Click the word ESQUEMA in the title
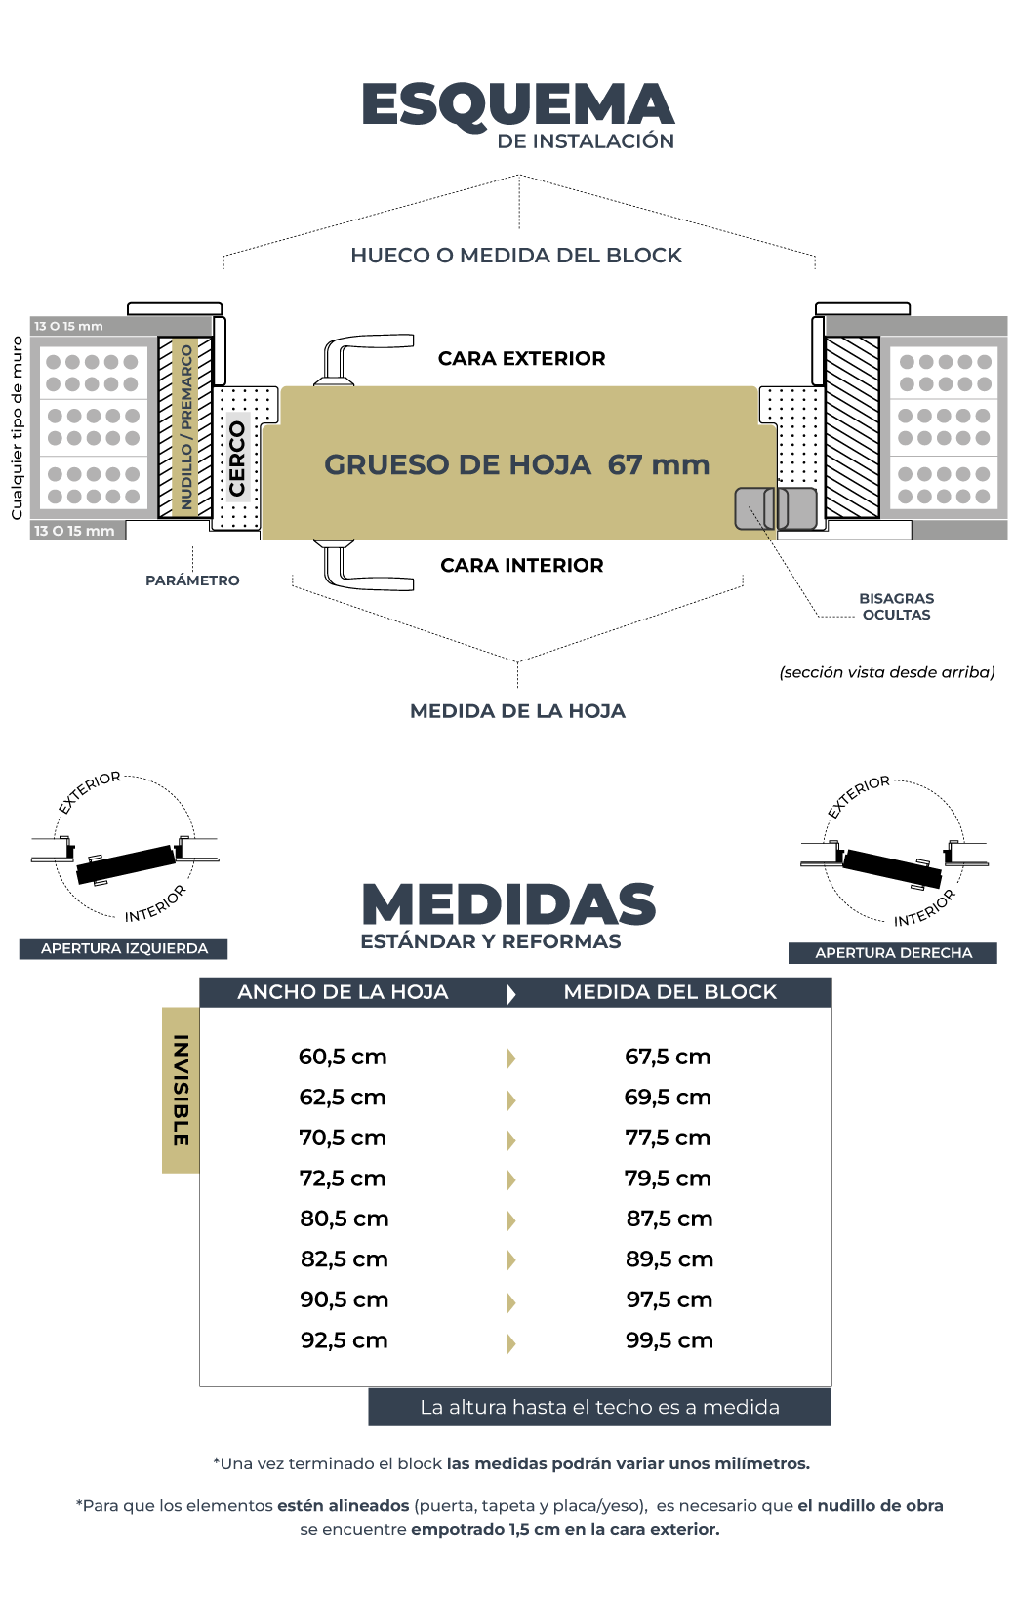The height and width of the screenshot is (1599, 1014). pyautogui.click(x=517, y=105)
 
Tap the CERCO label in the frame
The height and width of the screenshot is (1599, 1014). pyautogui.click(x=237, y=459)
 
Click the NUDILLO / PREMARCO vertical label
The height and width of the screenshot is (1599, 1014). pyautogui.click(x=186, y=426)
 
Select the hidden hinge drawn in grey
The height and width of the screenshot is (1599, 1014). pyautogui.click(x=776, y=508)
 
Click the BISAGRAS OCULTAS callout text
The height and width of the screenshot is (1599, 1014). pyautogui.click(x=896, y=607)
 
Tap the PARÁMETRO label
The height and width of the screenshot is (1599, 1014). pyautogui.click(x=192, y=580)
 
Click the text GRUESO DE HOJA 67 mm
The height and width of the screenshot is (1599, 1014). pyautogui.click(x=516, y=464)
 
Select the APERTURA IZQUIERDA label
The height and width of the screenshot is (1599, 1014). pyautogui.click(x=124, y=948)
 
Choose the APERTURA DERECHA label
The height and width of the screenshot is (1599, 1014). pyautogui.click(x=893, y=953)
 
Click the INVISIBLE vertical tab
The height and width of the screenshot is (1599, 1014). pyautogui.click(x=181, y=1090)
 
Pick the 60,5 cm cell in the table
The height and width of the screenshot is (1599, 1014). pyautogui.click(x=343, y=1057)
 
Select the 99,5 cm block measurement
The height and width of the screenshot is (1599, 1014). pyautogui.click(x=669, y=1340)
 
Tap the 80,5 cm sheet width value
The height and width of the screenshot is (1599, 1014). pyautogui.click(x=344, y=1219)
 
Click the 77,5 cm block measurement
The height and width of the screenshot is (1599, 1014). pyautogui.click(x=668, y=1138)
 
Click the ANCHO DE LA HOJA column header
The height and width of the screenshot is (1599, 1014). pyautogui.click(x=343, y=992)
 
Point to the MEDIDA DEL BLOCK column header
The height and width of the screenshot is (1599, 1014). pyautogui.click(x=669, y=992)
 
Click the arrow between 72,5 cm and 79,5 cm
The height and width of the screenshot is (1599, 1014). pyautogui.click(x=510, y=1179)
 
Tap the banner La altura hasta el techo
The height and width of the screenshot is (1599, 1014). pyautogui.click(x=599, y=1407)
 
